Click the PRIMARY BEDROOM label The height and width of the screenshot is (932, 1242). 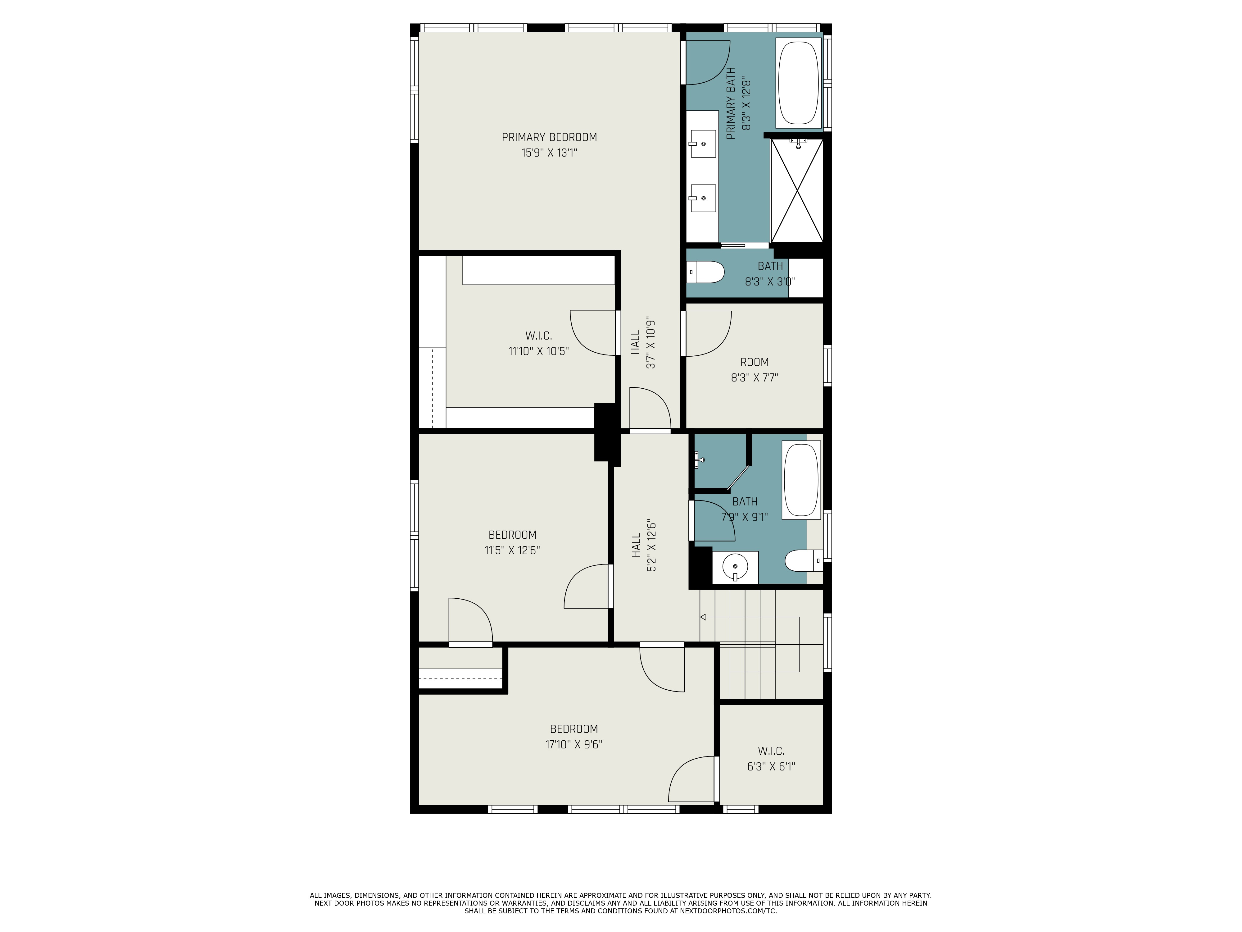[x=549, y=137]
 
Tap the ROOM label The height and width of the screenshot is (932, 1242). [x=754, y=362]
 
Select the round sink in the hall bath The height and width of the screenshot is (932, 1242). [x=735, y=567]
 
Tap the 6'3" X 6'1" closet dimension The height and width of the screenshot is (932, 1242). [x=771, y=766]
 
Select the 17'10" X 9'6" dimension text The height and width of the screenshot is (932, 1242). [x=574, y=744]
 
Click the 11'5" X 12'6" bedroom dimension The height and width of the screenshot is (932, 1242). [x=512, y=551]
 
